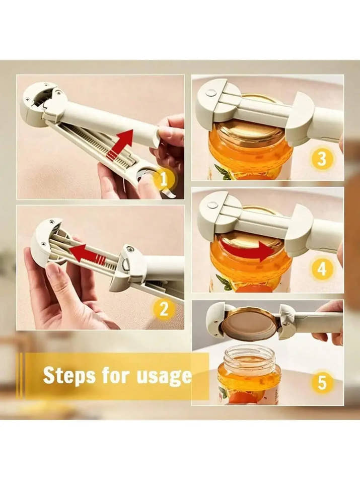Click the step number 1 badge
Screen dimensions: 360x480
coord(164,179)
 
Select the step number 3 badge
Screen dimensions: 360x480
coord(321,159)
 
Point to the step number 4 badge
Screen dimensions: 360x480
coord(321,269)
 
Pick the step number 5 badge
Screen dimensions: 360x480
coord(322,383)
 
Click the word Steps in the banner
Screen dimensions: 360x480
coord(69,375)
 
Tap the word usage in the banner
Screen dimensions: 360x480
coord(164,376)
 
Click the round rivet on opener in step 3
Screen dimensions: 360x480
coord(209,93)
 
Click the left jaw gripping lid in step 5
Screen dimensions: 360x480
coord(217,319)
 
